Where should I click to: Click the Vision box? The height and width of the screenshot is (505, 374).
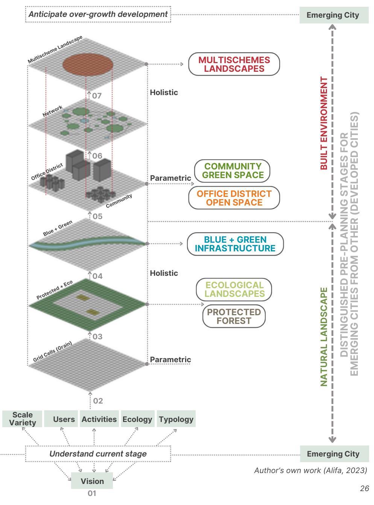[x=92, y=481]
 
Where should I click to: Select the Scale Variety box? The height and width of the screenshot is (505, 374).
[x=23, y=419]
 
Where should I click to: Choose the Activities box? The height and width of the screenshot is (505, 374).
[x=99, y=419]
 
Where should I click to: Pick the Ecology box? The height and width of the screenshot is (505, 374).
[x=137, y=419]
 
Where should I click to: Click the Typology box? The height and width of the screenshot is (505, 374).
[x=176, y=419]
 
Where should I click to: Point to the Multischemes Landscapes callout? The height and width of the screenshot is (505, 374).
[x=234, y=64]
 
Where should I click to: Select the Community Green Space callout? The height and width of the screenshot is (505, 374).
[x=232, y=171]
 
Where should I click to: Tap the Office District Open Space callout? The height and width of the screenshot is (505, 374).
[x=234, y=198]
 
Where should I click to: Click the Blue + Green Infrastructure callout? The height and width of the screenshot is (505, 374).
[x=235, y=244]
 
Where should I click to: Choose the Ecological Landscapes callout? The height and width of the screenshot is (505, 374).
[x=234, y=289]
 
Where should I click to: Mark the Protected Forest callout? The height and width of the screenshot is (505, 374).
[x=234, y=316]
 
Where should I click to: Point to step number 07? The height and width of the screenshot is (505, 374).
[x=97, y=96]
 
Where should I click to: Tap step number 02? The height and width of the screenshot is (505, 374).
[x=98, y=401]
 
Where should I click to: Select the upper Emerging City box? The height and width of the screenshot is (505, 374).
[x=334, y=15]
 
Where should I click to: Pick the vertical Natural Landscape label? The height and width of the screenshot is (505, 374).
[x=324, y=337]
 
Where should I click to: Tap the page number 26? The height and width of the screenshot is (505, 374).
[x=364, y=488]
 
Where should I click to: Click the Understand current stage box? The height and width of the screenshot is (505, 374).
[x=98, y=454]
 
